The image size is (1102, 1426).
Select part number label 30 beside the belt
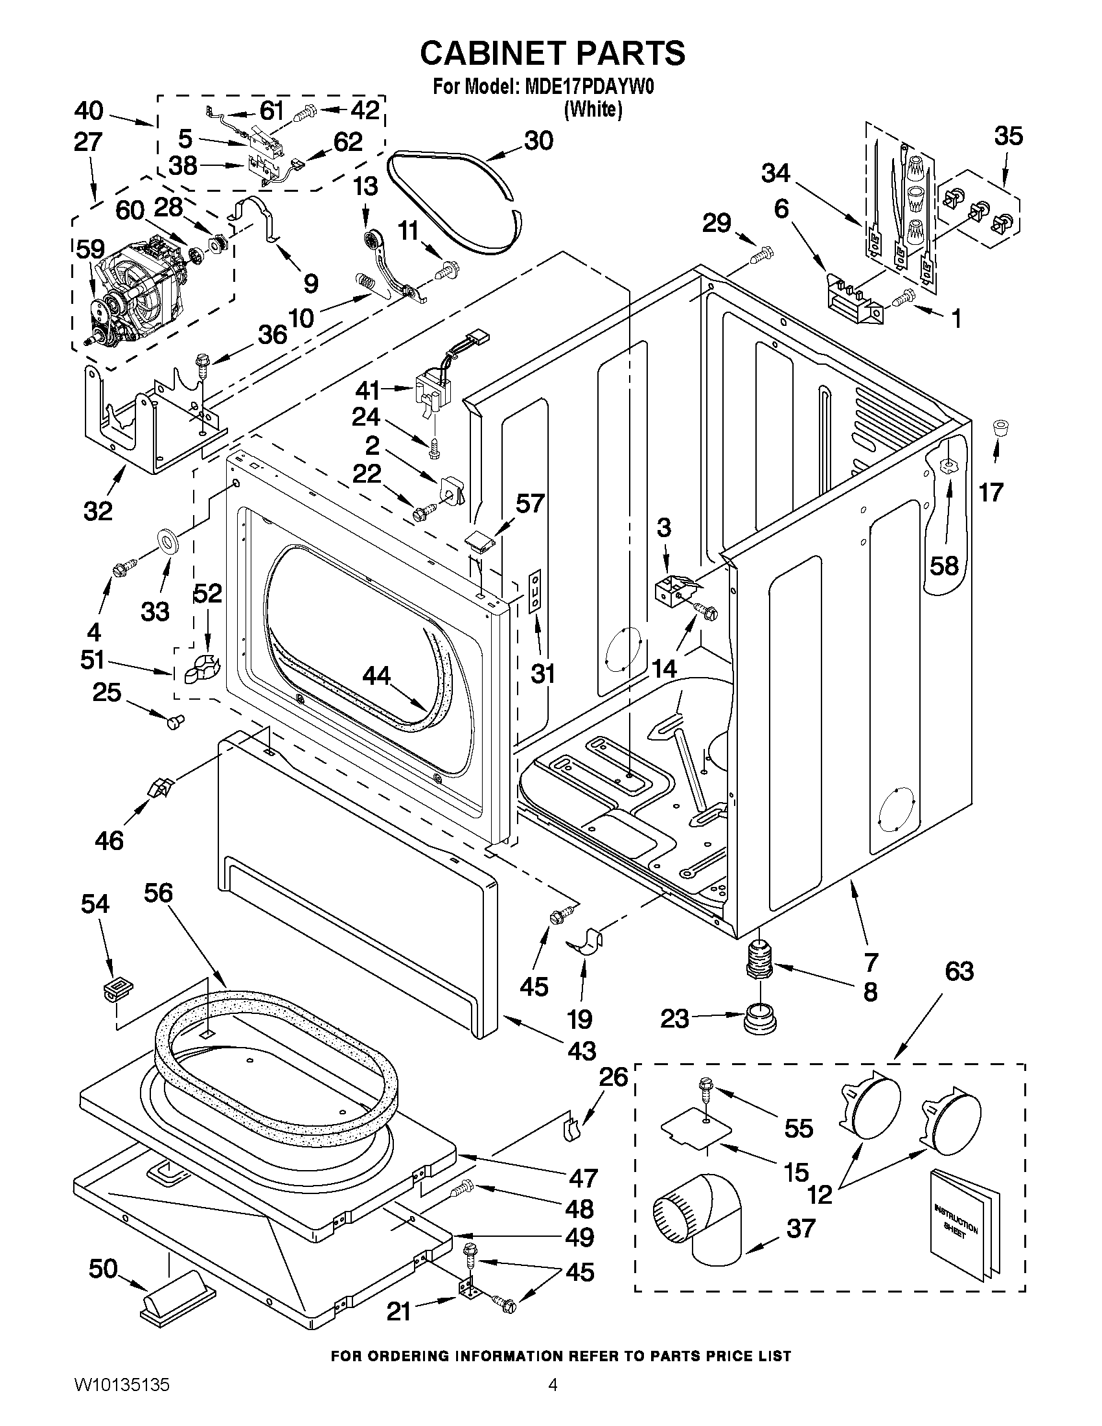(x=538, y=141)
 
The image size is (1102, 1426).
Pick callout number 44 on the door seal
(x=376, y=676)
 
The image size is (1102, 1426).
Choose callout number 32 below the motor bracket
(x=98, y=511)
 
